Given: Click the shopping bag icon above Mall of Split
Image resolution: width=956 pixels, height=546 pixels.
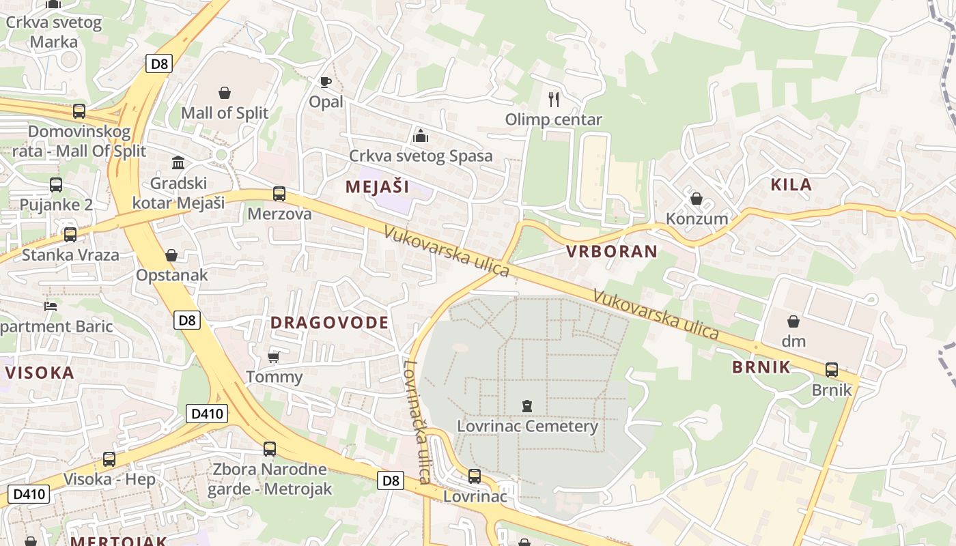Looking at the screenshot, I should pyautogui.click(x=225, y=93).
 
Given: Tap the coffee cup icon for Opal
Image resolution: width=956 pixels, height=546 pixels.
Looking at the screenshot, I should pyautogui.click(x=326, y=83).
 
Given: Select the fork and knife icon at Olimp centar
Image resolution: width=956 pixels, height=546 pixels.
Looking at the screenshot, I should pyautogui.click(x=554, y=100).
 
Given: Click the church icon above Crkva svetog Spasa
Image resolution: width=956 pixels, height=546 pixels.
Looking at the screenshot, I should pyautogui.click(x=420, y=136).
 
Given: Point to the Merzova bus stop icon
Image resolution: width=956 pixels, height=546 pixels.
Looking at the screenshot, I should pyautogui.click(x=279, y=194).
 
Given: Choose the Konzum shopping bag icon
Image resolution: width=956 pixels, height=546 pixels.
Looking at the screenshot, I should pyautogui.click(x=697, y=199).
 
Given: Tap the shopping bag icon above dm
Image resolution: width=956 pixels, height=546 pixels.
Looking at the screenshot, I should pyautogui.click(x=793, y=321).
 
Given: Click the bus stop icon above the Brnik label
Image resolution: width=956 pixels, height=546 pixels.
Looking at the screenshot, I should pyautogui.click(x=832, y=370).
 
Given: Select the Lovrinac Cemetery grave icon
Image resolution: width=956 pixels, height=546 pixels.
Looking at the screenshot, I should pyautogui.click(x=526, y=407).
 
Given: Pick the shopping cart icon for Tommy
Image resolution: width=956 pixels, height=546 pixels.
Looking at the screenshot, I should pyautogui.click(x=274, y=357).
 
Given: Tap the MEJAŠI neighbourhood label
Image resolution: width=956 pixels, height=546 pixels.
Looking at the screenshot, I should pyautogui.click(x=377, y=186).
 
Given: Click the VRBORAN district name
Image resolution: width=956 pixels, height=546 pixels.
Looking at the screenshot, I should pyautogui.click(x=612, y=251).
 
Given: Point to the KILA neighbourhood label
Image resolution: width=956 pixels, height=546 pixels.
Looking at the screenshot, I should pyautogui.click(x=791, y=184).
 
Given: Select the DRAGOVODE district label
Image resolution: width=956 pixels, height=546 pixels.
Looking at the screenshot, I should pyautogui.click(x=330, y=322).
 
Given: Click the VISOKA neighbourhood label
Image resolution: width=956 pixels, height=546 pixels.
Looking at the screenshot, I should pyautogui.click(x=40, y=373).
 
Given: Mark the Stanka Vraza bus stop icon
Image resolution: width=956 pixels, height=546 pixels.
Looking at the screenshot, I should pyautogui.click(x=70, y=235).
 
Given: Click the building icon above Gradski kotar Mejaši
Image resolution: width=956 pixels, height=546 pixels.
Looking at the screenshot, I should pyautogui.click(x=178, y=162).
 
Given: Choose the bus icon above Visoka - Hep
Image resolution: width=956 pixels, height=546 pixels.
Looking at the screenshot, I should pyautogui.click(x=109, y=459).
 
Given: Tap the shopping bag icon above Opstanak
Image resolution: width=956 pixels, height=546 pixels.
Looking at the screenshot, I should pyautogui.click(x=171, y=255).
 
